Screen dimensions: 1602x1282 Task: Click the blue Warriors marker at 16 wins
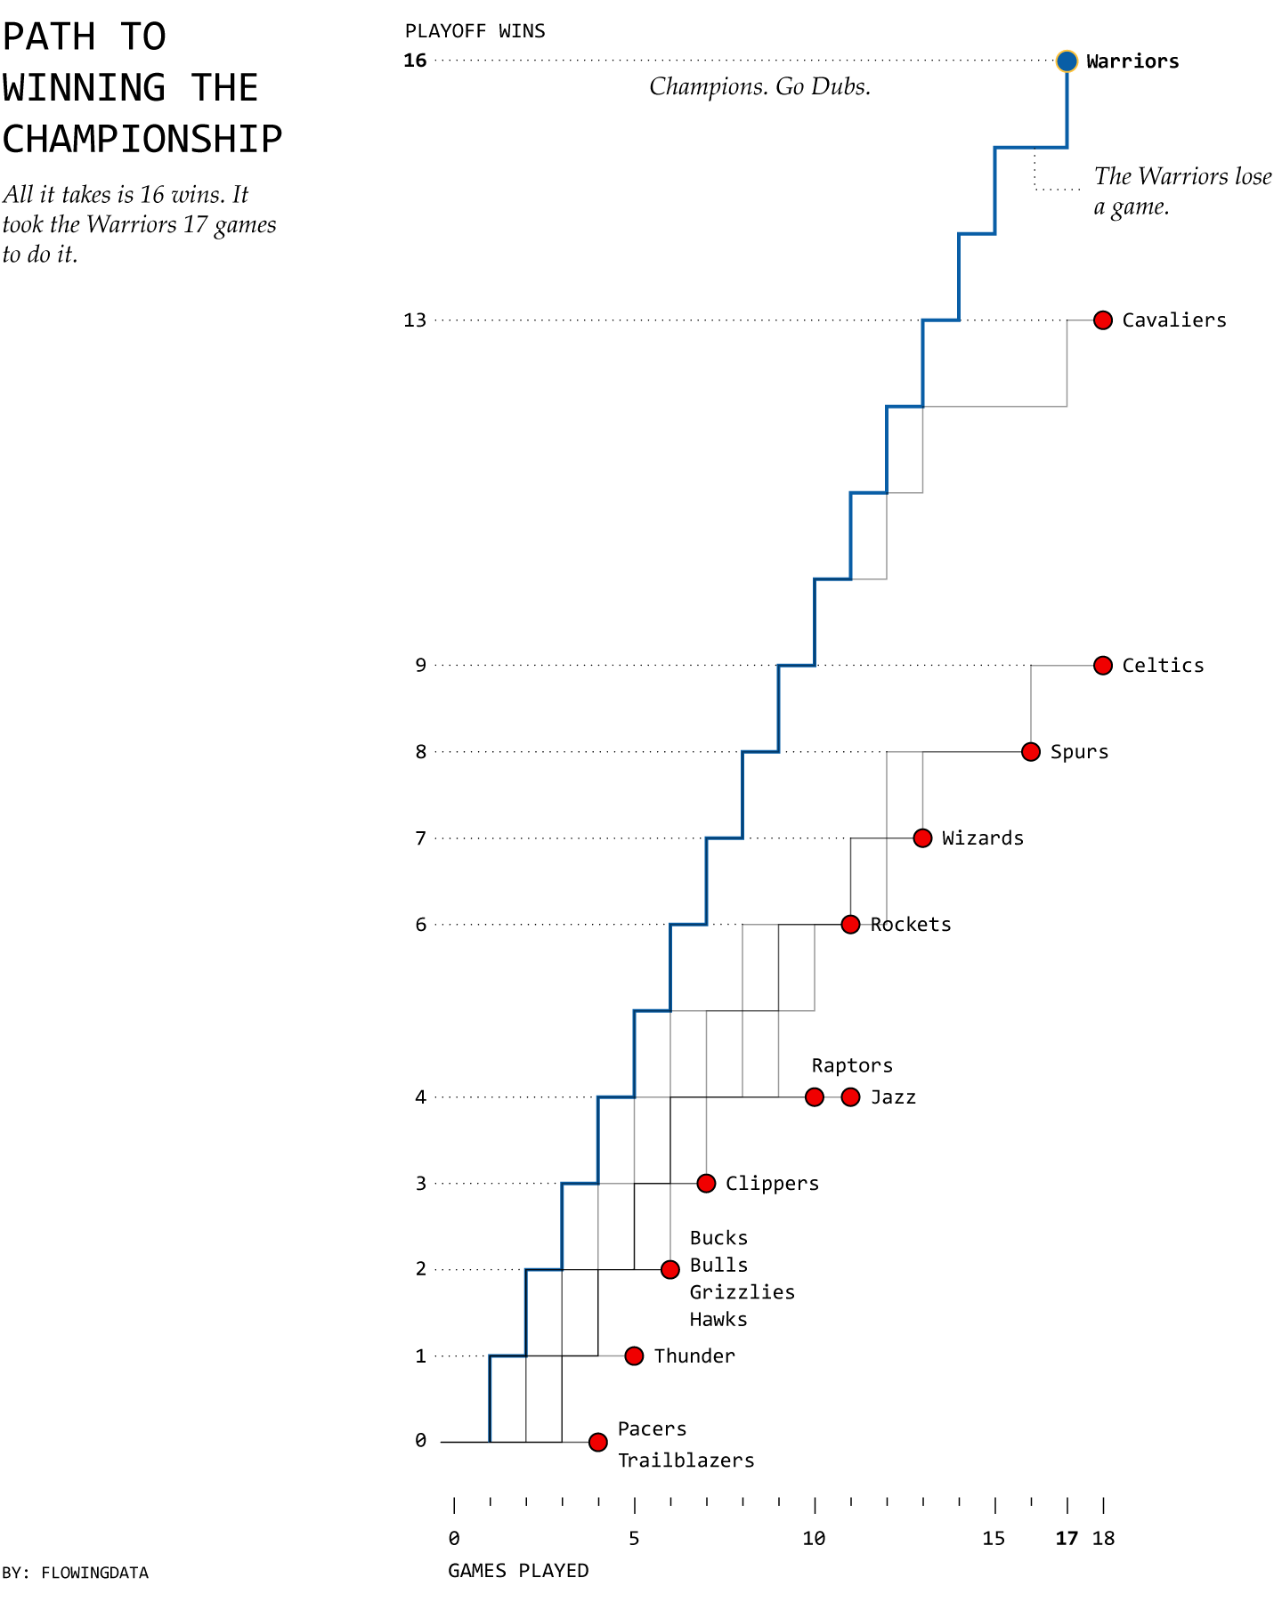[1067, 61]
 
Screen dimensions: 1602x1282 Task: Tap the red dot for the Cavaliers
[1102, 320]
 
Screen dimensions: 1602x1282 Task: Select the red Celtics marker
[1102, 665]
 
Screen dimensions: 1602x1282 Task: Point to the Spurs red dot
[1030, 751]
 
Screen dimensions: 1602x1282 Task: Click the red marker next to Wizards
[922, 837]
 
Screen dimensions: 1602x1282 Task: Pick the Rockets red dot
[850, 924]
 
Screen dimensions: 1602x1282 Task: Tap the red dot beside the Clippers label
[706, 1183]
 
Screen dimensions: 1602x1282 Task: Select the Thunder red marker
[634, 1355]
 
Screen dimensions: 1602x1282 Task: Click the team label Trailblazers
[686, 1460]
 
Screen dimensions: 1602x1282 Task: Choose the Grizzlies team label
[742, 1292]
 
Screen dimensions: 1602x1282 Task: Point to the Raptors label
[851, 1065]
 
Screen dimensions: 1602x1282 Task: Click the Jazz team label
[893, 1097]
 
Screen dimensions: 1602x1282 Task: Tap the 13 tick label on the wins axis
[415, 320]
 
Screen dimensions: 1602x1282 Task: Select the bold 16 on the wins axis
[415, 61]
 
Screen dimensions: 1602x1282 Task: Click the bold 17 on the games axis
[1067, 1539]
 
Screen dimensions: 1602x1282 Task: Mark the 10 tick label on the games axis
[814, 1539]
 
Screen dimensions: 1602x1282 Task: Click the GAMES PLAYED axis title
[518, 1571]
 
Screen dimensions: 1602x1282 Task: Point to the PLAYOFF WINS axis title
[475, 31]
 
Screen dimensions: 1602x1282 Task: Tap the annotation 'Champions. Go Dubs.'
[759, 86]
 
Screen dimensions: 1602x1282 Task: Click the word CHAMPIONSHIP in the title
[142, 139]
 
